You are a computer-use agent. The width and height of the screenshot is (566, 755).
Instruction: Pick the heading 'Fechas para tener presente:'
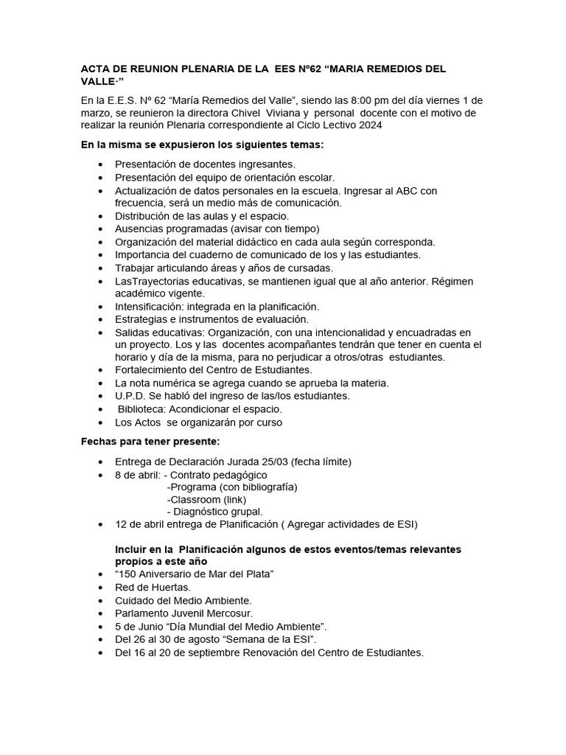[150, 441]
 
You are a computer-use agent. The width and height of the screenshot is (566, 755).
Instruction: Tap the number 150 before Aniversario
[129, 574]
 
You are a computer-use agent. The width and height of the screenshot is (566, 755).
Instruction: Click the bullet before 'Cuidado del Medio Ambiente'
[100, 600]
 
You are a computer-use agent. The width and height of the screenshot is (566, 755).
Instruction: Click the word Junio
[144, 626]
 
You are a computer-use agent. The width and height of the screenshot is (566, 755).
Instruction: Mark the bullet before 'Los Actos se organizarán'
[100, 422]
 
